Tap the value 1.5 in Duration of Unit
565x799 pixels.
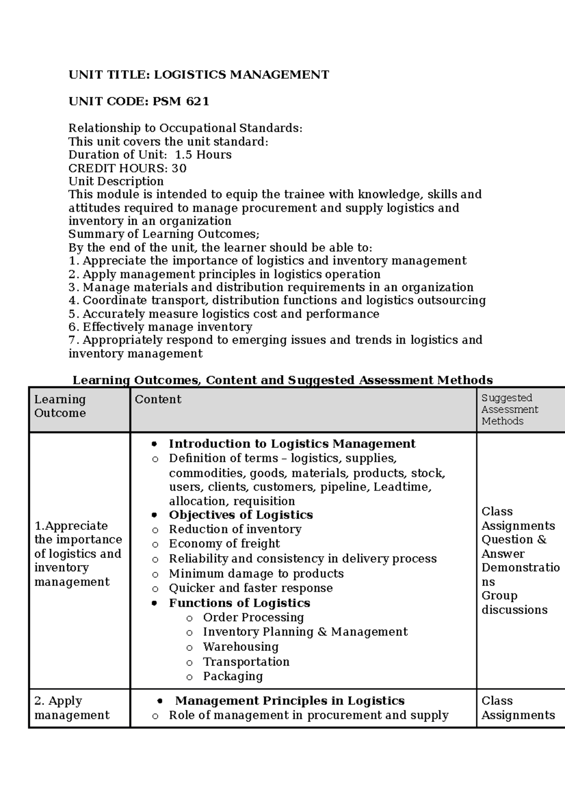184,155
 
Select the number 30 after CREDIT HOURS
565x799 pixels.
179,168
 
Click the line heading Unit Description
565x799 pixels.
116,182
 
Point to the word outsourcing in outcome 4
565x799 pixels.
452,301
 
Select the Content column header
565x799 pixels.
158,399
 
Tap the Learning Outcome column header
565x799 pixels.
60,406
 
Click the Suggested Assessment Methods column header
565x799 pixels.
509,409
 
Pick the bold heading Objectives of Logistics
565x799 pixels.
241,515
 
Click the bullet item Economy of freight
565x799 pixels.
224,544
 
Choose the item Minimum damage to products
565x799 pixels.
256,574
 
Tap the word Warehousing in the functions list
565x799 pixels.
241,647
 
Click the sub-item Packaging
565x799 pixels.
233,677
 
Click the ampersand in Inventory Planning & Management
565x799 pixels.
322,632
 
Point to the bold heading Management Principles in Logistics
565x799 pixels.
290,701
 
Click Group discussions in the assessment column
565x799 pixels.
514,603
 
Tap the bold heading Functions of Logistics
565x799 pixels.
239,603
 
